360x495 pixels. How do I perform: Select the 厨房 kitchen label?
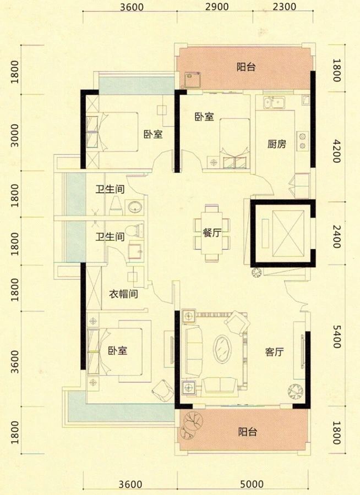click(276, 145)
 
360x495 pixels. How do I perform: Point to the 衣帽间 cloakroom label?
click(122, 294)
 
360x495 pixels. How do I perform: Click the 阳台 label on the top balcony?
click(246, 68)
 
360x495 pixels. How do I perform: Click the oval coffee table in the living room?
click(224, 349)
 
